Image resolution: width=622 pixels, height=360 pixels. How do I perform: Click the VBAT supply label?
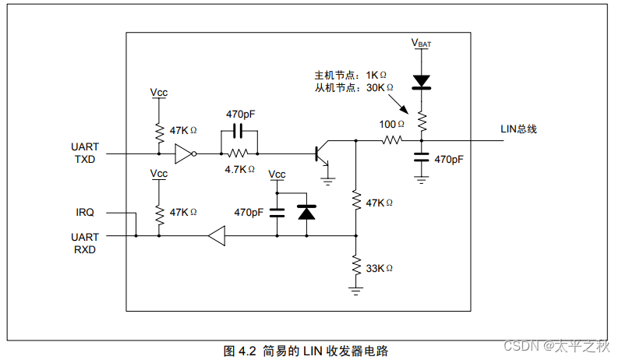point(421,44)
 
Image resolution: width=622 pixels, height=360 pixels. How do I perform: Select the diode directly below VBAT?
point(422,80)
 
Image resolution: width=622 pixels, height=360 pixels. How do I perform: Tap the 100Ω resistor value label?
point(392,124)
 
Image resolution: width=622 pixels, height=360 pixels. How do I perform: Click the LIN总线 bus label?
point(518,129)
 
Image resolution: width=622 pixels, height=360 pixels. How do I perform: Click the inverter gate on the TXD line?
point(184,154)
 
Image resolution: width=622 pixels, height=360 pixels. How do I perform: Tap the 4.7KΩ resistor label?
point(240,169)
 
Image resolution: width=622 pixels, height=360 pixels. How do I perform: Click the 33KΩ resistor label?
point(379,268)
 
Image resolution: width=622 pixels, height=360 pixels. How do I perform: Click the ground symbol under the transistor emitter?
point(328,180)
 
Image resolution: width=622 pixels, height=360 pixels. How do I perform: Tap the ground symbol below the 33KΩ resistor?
point(355,290)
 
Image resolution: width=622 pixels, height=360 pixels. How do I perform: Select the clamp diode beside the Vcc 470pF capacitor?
point(306,212)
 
